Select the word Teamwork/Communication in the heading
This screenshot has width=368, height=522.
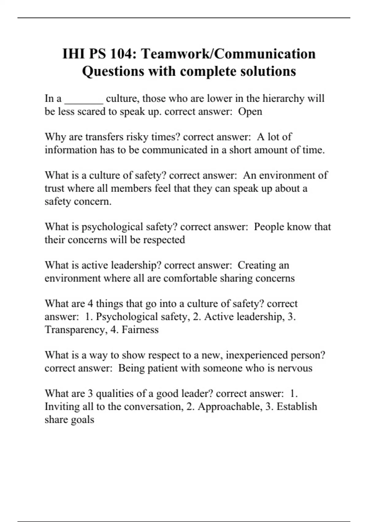228,54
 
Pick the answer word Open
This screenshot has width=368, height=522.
250,111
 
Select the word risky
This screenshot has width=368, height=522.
137,137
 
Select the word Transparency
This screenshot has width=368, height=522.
75,330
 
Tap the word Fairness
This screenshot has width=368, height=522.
140,330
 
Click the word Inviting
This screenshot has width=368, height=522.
62,407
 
